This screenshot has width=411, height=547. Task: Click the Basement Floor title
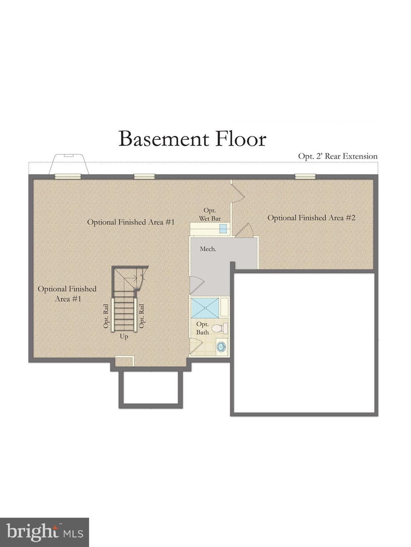192,139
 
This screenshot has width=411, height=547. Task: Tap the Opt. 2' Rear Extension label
338,156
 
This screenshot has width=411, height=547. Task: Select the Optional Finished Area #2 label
311,218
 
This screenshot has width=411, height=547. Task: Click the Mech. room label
208,249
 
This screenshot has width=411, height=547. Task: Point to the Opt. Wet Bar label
209,214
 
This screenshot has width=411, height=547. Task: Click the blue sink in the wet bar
223,228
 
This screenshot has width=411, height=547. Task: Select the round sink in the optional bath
222,347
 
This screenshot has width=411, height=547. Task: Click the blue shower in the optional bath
205,308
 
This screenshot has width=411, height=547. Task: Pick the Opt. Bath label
202,328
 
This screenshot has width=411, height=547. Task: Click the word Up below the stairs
124,337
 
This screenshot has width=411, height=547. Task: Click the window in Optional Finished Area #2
305,176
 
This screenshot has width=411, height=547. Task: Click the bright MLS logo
44,532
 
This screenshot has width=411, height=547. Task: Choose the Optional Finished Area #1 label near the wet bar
131,222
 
